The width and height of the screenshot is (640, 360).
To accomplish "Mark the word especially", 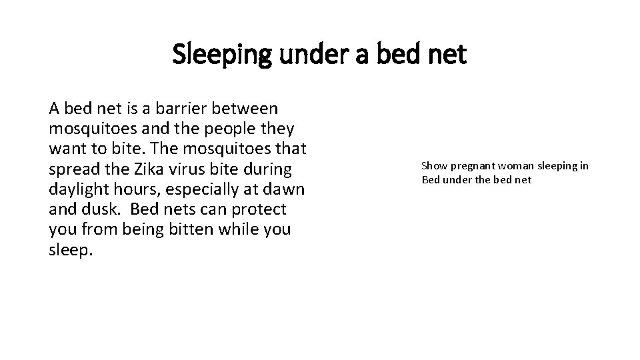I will pyautogui.click(x=203, y=189).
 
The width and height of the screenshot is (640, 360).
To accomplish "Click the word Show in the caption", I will pyautogui.click(x=433, y=165).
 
